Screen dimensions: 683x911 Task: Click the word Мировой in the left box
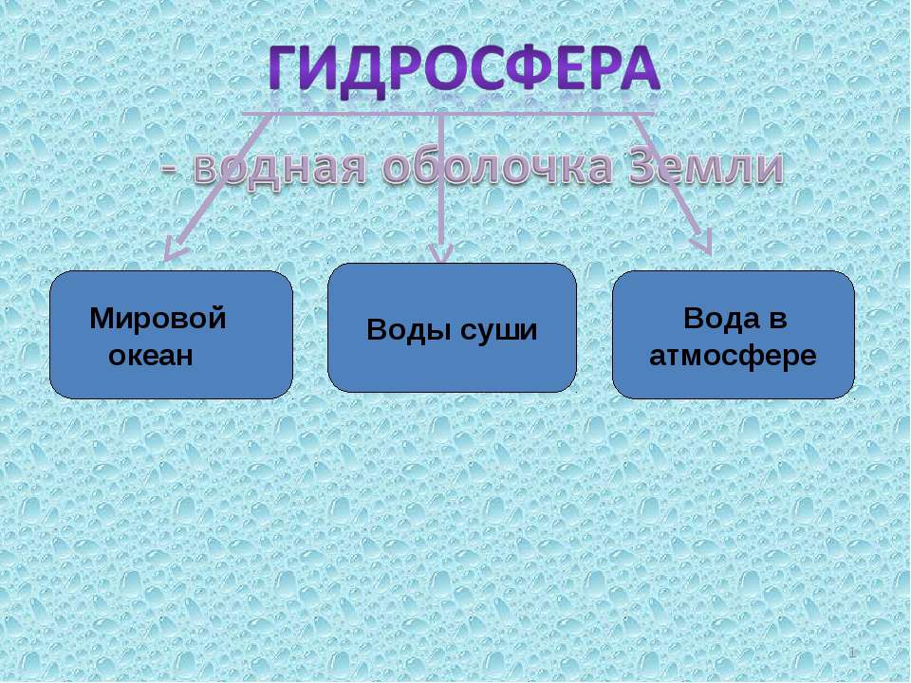(x=158, y=319)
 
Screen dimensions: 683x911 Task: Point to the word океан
(x=151, y=356)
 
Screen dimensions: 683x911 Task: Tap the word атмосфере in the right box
(x=732, y=357)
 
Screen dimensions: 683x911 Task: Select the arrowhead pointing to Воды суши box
(x=441, y=253)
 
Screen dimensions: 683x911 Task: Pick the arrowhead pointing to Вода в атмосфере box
(x=703, y=245)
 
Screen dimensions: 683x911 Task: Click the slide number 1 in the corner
(x=853, y=655)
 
